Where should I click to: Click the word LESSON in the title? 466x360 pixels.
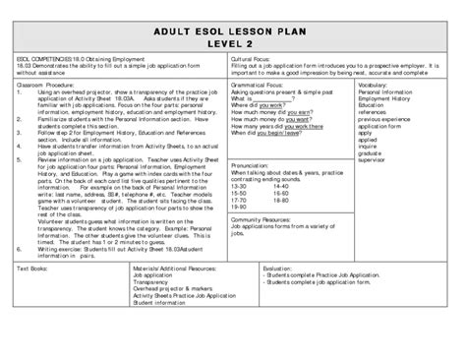click(235, 29)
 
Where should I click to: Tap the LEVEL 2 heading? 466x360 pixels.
click(233, 45)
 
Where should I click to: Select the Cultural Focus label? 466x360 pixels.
click(250, 59)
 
